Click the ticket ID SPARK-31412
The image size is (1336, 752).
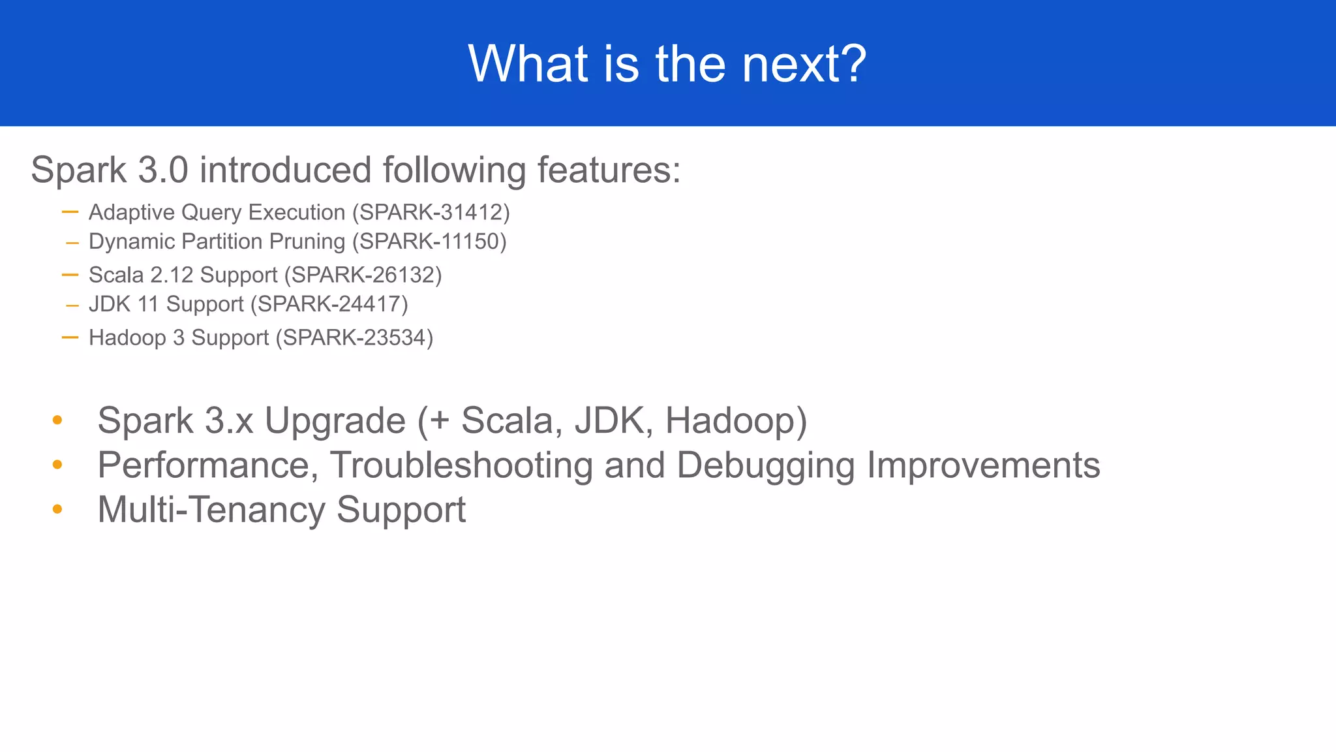431,212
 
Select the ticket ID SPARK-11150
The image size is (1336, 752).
429,242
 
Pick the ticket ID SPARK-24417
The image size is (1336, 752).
329,304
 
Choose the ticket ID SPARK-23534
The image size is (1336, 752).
354,337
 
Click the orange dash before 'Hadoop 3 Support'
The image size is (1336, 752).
70,337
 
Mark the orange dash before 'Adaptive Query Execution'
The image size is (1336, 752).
70,212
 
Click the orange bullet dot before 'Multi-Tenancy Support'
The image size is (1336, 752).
57,509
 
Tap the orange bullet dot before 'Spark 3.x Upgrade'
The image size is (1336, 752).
57,420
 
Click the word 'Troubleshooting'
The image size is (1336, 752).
461,465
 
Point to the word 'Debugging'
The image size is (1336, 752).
765,465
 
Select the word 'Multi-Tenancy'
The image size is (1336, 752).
211,509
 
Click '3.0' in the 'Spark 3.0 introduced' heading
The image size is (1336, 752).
163,170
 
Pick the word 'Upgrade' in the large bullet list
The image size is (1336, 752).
335,420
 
